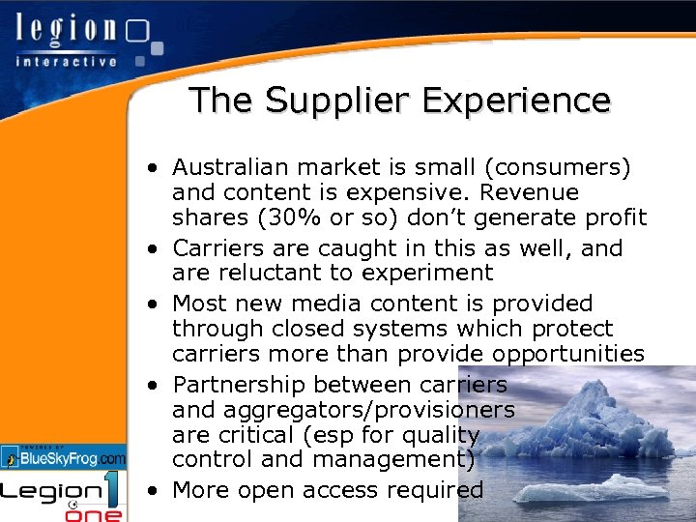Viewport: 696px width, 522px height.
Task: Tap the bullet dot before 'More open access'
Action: pyautogui.click(x=154, y=490)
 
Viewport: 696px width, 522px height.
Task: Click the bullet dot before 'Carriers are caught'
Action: pyautogui.click(x=154, y=248)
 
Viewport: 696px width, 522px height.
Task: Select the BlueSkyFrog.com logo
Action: pyautogui.click(x=64, y=456)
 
